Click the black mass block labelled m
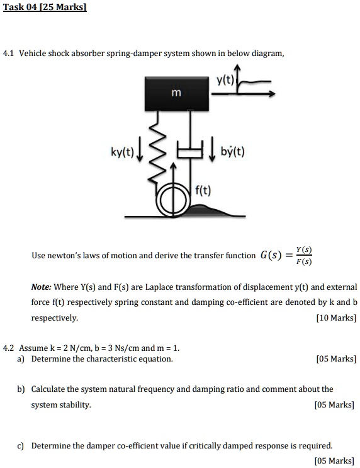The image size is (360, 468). click(x=176, y=93)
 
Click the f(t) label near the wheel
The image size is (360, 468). click(x=203, y=189)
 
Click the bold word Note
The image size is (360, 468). click(x=41, y=287)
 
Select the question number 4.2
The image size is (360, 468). click(x=9, y=348)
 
